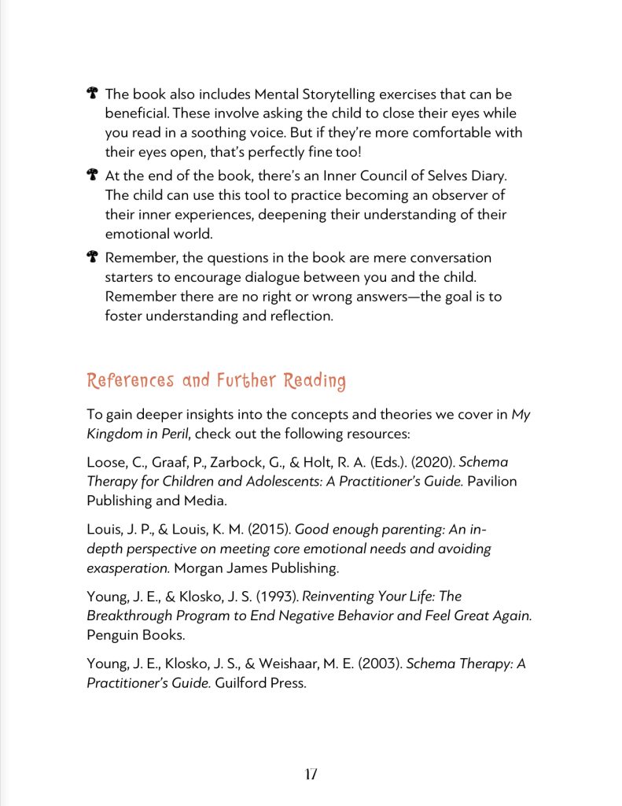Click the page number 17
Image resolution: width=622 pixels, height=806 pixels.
[x=311, y=774]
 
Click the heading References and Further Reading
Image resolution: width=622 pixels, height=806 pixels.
[x=216, y=381]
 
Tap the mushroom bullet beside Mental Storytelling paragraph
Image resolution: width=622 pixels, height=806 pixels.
[x=92, y=94]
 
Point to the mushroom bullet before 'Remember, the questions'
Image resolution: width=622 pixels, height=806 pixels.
[x=92, y=257]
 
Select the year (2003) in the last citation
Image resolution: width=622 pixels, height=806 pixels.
[x=381, y=664]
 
